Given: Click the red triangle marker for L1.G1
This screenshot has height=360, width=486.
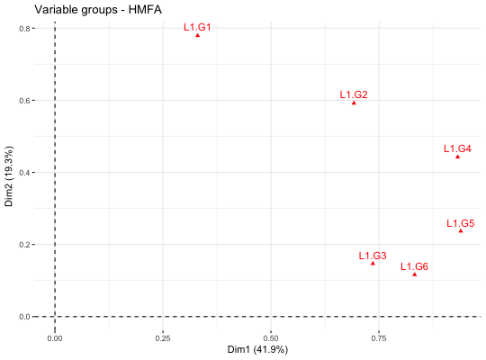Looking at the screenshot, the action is (197, 35).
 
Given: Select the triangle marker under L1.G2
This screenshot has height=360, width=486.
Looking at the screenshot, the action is (354, 103).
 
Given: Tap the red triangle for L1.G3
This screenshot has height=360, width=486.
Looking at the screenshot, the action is (373, 264).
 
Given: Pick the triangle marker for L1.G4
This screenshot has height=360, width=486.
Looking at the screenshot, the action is (457, 157).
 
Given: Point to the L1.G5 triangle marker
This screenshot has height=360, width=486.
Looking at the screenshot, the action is (461, 230).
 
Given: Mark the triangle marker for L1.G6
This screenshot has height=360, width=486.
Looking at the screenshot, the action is (414, 274).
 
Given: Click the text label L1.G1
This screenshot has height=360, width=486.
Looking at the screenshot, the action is (197, 27).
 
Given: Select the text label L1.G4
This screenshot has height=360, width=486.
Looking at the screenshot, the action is (457, 148).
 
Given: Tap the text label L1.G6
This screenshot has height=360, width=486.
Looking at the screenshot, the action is (414, 266).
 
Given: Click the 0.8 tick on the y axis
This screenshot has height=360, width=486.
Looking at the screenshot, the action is (25, 29).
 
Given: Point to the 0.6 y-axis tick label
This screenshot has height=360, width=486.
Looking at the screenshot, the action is (25, 101).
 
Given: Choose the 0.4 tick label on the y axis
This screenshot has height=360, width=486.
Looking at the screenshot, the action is (25, 173).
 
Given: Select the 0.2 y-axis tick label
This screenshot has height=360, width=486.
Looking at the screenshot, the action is (25, 244).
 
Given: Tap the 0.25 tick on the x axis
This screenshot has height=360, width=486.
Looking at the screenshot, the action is (163, 338).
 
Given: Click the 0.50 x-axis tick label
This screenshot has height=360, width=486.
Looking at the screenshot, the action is (271, 338).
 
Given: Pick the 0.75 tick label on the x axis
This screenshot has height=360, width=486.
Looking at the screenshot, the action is (379, 338).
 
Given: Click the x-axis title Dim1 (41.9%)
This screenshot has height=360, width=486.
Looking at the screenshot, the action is (257, 350).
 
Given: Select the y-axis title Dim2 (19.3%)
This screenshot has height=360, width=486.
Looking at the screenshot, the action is (9, 176).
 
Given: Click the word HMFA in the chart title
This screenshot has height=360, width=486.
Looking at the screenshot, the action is (145, 10).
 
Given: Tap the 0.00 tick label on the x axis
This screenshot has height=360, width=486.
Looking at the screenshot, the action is (55, 338).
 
